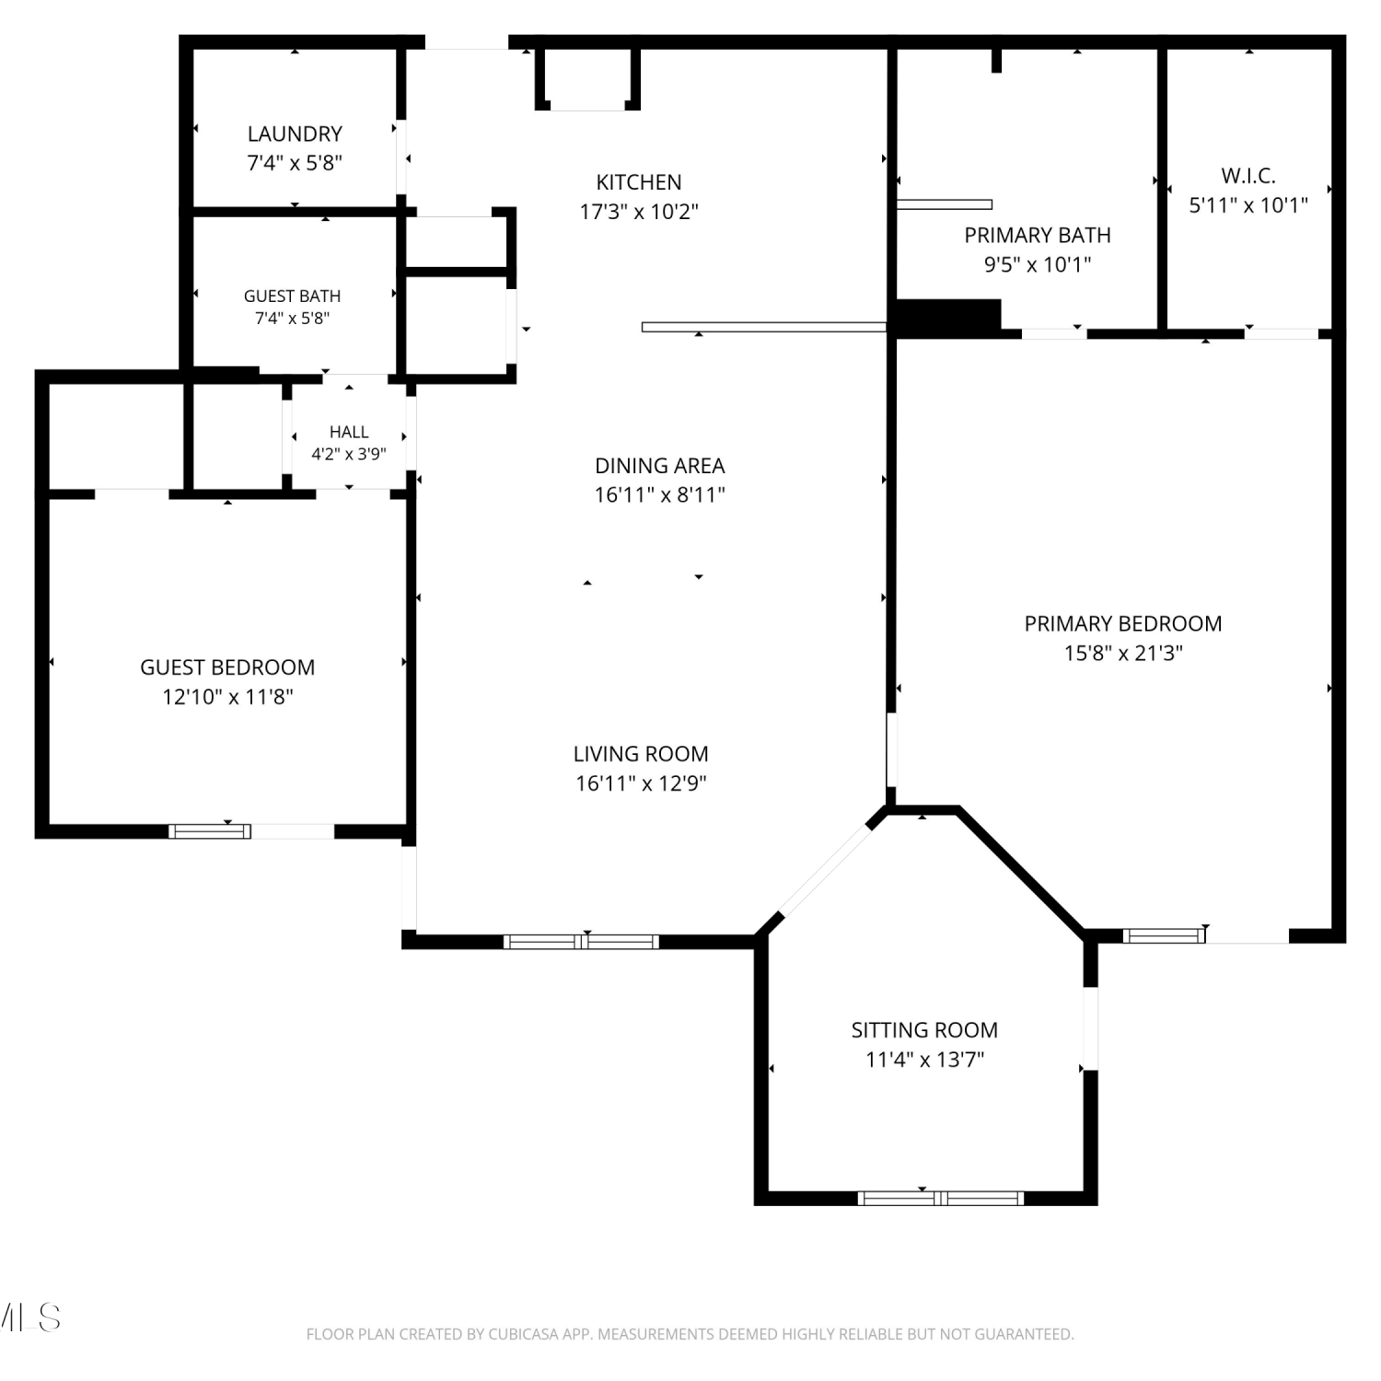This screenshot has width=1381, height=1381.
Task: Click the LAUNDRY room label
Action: click(295, 133)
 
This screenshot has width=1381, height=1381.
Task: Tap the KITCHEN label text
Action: click(639, 182)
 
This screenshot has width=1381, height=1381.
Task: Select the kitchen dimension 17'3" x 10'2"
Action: click(639, 212)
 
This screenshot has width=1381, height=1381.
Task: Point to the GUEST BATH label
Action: click(292, 296)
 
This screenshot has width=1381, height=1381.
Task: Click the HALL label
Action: click(349, 432)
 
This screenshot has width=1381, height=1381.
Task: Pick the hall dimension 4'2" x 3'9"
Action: click(349, 454)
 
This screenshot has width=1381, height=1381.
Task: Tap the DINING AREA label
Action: click(660, 466)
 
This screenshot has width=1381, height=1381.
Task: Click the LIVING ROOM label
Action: click(641, 754)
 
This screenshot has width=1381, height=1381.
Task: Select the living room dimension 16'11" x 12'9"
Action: click(641, 783)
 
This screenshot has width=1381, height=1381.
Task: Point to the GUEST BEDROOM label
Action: click(227, 667)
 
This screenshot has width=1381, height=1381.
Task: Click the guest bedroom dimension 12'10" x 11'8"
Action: click(227, 697)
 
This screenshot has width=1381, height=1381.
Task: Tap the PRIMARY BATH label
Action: click(1038, 236)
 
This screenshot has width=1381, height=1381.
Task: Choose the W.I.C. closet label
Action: click(1248, 176)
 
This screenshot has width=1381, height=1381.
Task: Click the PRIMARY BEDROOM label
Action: click(1123, 623)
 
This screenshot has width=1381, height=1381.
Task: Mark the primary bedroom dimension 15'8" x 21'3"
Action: click(1123, 653)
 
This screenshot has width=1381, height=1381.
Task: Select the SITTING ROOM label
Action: click(924, 1030)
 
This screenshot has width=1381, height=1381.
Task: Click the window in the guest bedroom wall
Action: click(210, 831)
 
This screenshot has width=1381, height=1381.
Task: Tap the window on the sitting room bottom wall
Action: click(941, 1198)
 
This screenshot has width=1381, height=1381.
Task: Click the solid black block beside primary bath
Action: click(947, 318)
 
